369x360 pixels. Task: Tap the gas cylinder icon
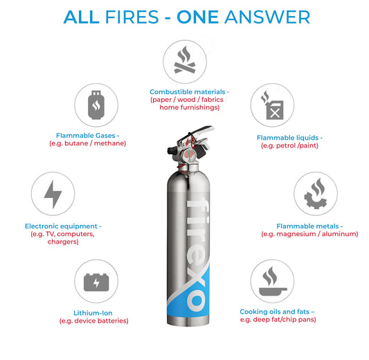pos(96,105)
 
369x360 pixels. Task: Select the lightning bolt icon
pos(53,195)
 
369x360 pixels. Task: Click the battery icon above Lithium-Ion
pos(96,282)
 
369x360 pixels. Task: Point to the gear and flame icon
pos(315,195)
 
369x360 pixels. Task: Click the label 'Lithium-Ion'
pos(93,313)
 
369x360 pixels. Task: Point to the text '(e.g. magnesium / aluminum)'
pos(309,234)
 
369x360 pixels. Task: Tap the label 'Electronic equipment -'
pos(63,226)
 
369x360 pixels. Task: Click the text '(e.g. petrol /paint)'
pos(289,146)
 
